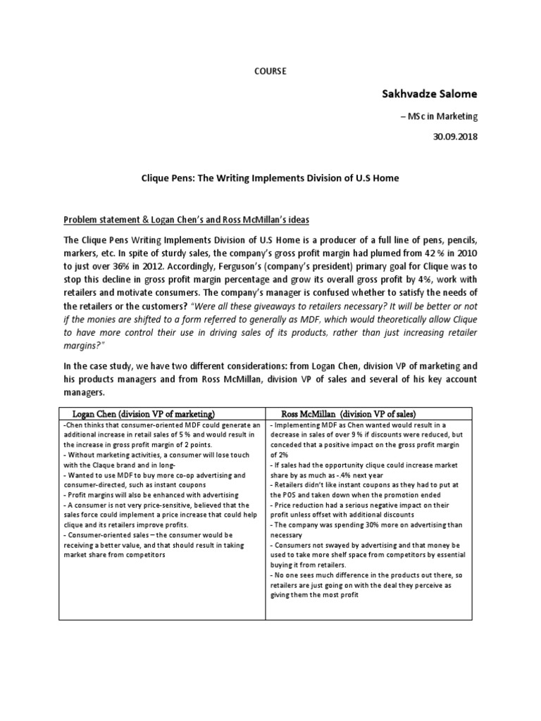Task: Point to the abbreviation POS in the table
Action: coord(291,496)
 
